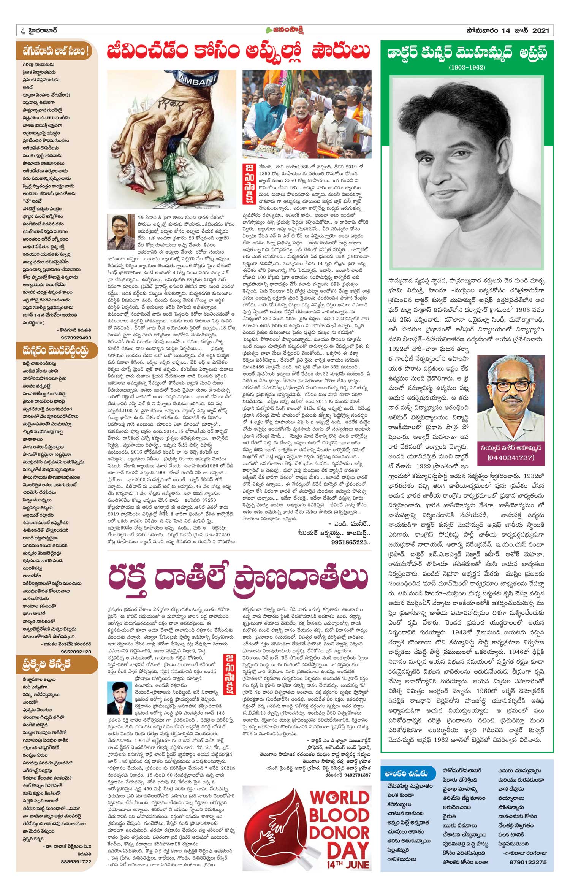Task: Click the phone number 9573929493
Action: [x=76, y=338]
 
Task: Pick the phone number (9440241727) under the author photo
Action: [x=511, y=457]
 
